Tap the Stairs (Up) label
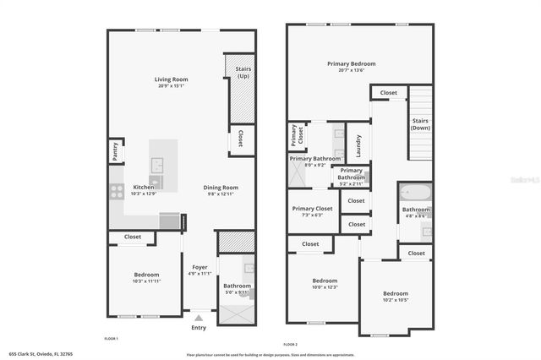click(243, 72)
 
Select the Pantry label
click(114, 151)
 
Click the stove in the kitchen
click(117, 191)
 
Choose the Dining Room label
click(220, 188)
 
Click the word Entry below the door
click(199, 327)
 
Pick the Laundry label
click(358, 142)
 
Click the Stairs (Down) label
click(420, 124)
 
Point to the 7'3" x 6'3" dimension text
click(313, 215)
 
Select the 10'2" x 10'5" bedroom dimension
click(396, 300)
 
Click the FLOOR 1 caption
click(111, 338)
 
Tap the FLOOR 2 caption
click(291, 345)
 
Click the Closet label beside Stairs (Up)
click(240, 139)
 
